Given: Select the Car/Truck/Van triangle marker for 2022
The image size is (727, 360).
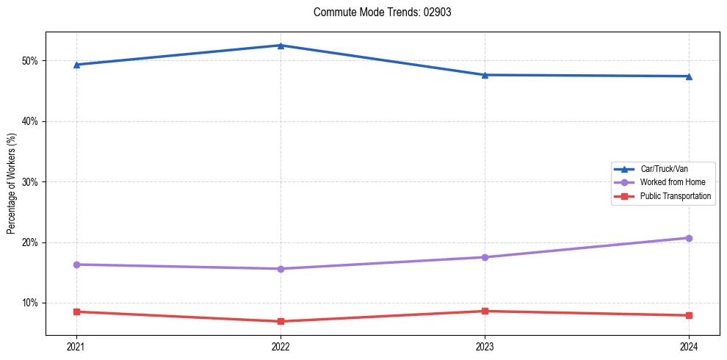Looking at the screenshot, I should [x=281, y=46].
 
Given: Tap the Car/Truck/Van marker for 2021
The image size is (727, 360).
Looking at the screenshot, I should [x=76, y=65].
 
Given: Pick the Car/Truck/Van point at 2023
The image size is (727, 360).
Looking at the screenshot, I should [x=485, y=75].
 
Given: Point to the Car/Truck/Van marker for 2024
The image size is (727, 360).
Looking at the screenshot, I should [x=689, y=76].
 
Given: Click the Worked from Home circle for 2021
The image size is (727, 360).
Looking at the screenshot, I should [x=76, y=264].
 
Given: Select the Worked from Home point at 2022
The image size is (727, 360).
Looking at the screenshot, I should [x=281, y=269].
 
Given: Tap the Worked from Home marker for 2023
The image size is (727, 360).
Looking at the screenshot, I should [x=485, y=257].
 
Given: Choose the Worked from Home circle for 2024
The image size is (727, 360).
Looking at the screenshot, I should [x=689, y=238].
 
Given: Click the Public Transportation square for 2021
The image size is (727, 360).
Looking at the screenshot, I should [x=76, y=312].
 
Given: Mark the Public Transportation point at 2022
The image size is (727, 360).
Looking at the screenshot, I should [x=281, y=321].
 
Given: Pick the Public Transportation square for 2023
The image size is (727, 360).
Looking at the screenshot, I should [x=485, y=311].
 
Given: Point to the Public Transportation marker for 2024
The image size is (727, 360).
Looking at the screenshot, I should [x=689, y=315].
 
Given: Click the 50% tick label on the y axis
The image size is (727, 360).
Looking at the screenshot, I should [x=31, y=60].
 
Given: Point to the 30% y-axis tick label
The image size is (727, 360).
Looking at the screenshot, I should [x=31, y=181].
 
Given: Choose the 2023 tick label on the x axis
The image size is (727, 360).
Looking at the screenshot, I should [x=485, y=345].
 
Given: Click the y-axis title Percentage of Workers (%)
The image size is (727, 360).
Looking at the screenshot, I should [x=11, y=184].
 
